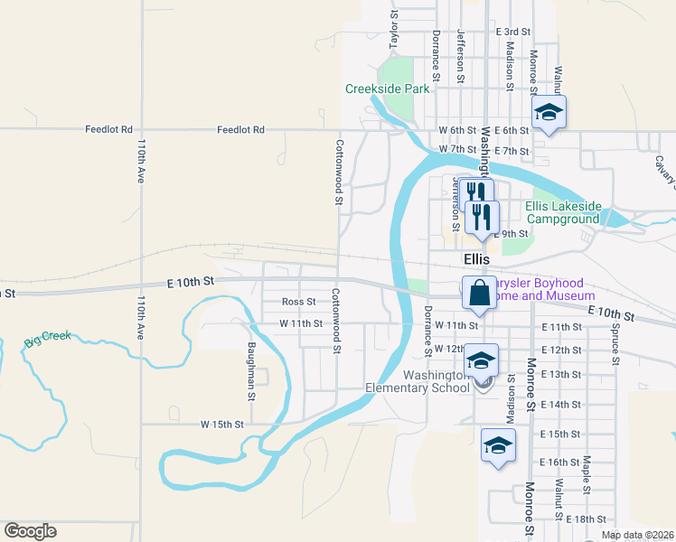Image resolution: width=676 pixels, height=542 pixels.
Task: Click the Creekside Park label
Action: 387,89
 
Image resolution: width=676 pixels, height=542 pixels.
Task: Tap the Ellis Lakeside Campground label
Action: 562,212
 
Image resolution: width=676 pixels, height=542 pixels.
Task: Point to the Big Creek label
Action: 46,341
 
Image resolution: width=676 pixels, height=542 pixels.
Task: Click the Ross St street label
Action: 298,302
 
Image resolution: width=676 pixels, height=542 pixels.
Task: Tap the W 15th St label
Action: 222,424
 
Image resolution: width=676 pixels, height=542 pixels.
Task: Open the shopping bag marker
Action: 477,293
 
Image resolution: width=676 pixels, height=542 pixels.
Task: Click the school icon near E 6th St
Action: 547,114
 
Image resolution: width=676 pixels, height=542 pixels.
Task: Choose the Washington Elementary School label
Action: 418,382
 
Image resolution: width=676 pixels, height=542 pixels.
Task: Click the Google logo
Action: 30,531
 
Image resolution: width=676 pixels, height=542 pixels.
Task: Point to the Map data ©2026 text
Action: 638,535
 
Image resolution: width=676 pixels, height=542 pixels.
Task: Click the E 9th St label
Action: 512,234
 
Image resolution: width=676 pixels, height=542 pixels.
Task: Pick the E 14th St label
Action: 561,405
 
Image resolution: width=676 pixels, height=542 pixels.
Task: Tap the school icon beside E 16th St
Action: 496,445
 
